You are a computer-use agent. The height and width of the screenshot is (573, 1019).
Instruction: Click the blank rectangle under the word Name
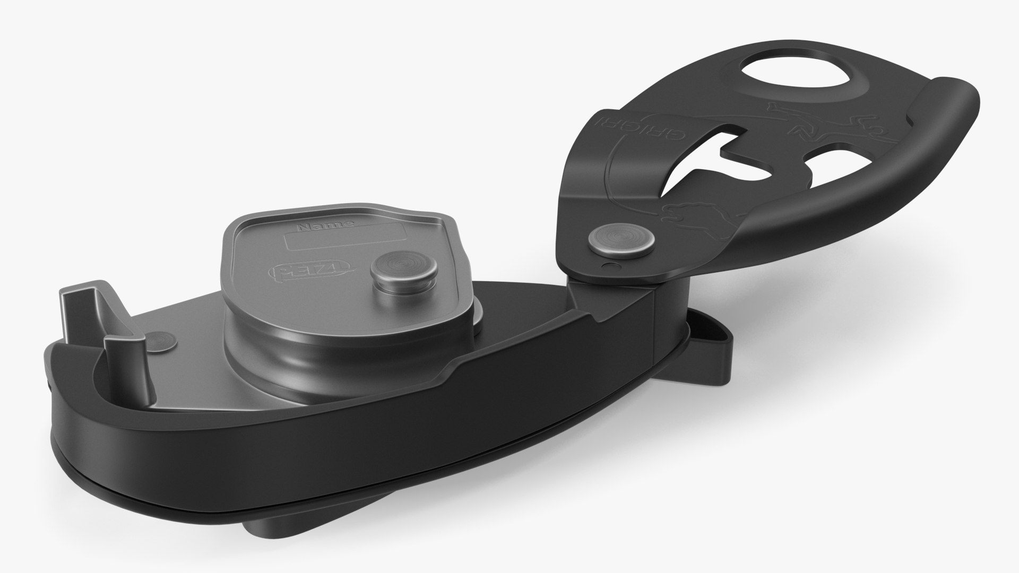point(345,240)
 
